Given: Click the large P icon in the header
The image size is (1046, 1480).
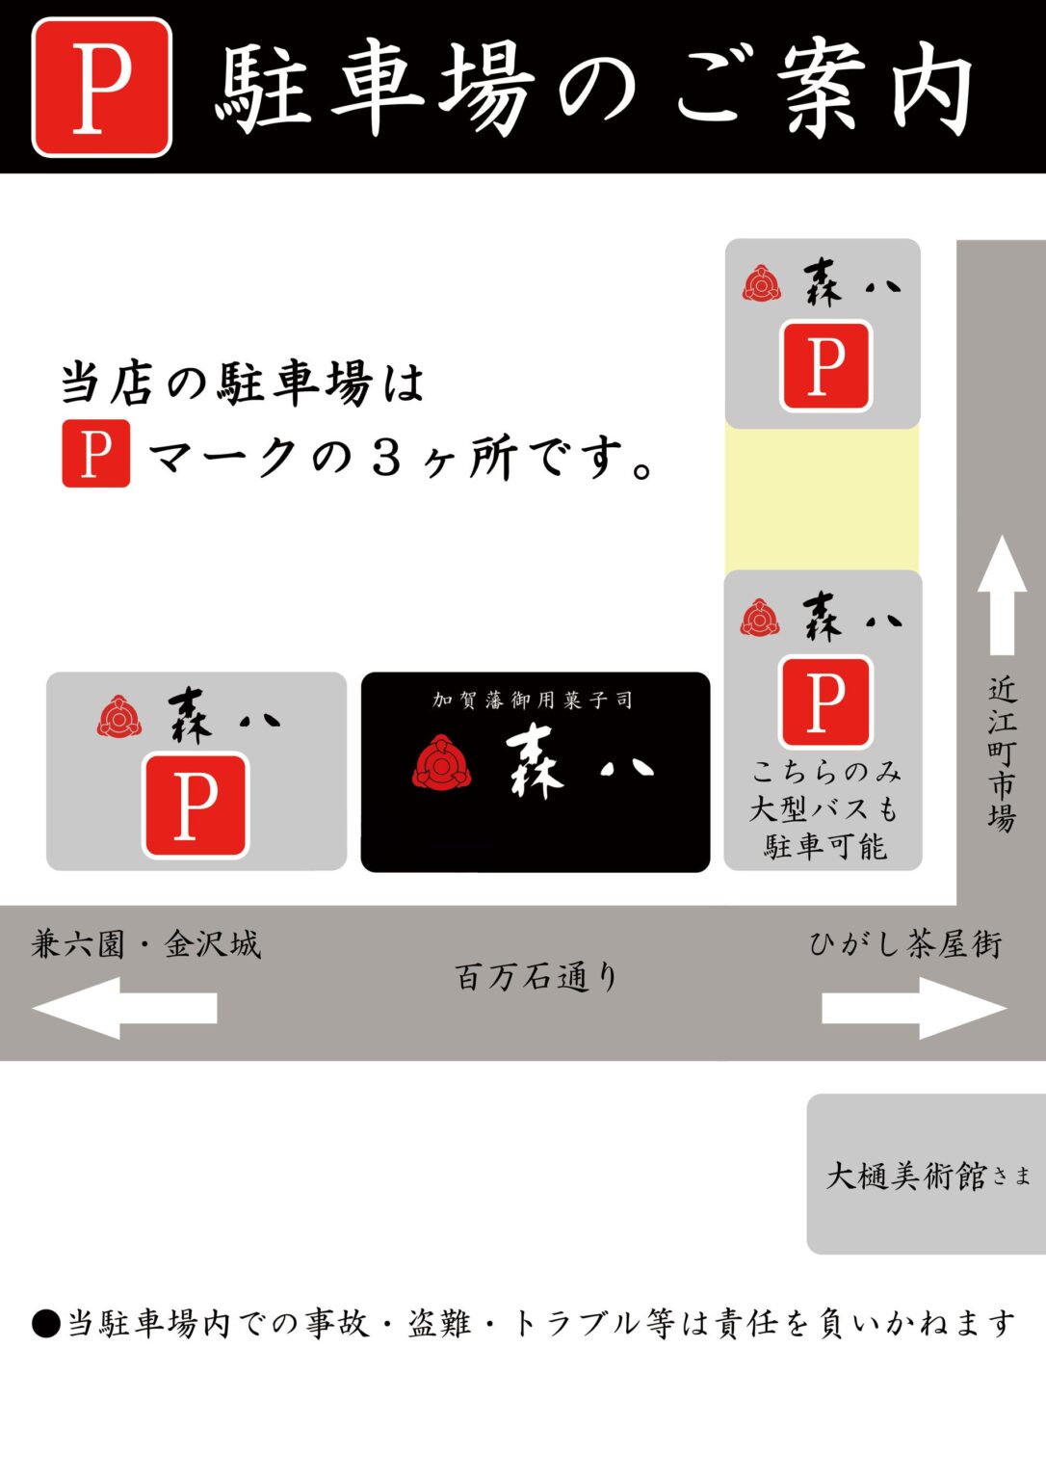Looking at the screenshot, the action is [102, 88].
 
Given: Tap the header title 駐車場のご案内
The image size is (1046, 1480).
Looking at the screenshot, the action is [593, 88].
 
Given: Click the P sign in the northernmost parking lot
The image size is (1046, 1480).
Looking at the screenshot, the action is [825, 365].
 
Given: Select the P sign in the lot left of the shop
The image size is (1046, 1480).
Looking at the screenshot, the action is [196, 806].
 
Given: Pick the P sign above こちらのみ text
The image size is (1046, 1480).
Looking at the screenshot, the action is [825, 701].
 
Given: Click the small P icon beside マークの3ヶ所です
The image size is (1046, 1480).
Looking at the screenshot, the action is [95, 453].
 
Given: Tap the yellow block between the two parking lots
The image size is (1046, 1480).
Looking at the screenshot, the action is [822, 499].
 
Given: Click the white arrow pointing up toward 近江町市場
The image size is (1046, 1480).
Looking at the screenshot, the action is [1002, 595].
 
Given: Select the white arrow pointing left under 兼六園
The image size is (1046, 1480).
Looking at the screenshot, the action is [124, 1008].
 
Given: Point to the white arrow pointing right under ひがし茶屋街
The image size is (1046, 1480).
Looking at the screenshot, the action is [915, 1008].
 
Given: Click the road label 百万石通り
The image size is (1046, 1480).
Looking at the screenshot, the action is [536, 976].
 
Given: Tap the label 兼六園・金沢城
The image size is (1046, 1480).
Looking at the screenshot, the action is [146, 944].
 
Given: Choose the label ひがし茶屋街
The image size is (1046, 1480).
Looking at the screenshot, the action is [905, 944].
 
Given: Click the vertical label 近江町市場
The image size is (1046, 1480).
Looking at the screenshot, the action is [1002, 753].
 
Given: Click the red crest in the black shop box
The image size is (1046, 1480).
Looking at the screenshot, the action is [441, 763].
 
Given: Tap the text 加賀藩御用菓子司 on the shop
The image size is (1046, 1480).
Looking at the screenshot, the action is [533, 700].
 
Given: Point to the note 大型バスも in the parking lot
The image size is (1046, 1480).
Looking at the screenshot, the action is [824, 808].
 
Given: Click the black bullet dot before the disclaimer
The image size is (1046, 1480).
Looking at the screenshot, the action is [46, 1323].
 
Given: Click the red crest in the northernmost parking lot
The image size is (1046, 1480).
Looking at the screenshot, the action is [762, 283].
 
